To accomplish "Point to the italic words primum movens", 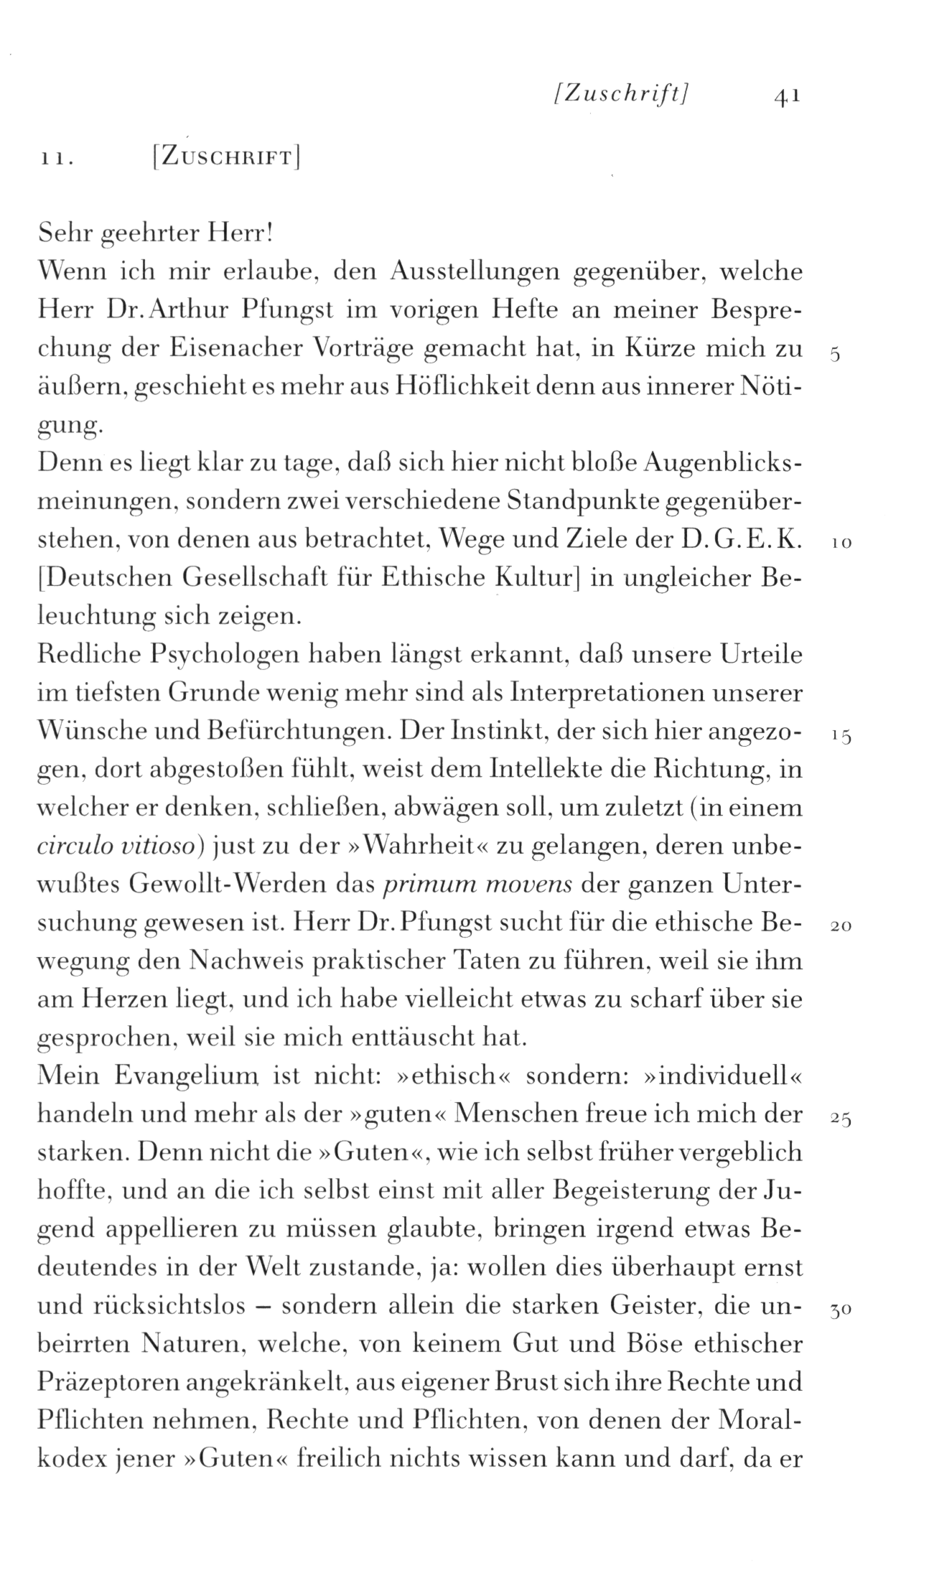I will tap(478, 884).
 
